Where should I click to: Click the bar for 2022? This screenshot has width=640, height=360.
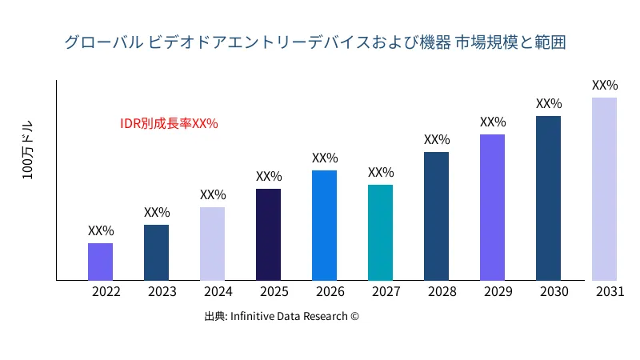pyautogui.click(x=100, y=262)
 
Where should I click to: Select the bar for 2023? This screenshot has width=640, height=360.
pyautogui.click(x=156, y=253)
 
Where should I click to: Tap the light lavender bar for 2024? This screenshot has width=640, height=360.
pyautogui.click(x=212, y=244)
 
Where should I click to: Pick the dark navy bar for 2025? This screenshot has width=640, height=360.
pyautogui.click(x=268, y=234)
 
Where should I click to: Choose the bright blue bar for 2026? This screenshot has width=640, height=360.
pyautogui.click(x=324, y=226)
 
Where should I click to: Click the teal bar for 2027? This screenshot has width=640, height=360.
pyautogui.click(x=380, y=233)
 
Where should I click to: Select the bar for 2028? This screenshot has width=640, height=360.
pyautogui.click(x=436, y=216)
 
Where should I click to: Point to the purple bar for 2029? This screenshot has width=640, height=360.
pyautogui.click(x=492, y=207)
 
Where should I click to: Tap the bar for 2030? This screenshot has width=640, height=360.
pyautogui.click(x=548, y=198)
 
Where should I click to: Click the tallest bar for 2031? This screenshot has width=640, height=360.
pyautogui.click(x=604, y=189)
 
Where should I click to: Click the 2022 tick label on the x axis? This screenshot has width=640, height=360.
pyautogui.click(x=106, y=292)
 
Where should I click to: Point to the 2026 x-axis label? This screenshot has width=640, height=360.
pyautogui.click(x=330, y=292)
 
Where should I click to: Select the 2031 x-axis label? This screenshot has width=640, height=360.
pyautogui.click(x=610, y=292)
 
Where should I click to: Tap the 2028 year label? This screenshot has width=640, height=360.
pyautogui.click(x=442, y=292)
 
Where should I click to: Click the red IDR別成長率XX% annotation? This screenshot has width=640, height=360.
pyautogui.click(x=169, y=123)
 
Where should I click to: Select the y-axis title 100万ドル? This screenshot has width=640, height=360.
pyautogui.click(x=28, y=151)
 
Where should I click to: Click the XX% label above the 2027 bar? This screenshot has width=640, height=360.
pyautogui.click(x=381, y=172)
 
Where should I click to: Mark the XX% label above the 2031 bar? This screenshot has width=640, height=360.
pyautogui.click(x=605, y=85)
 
